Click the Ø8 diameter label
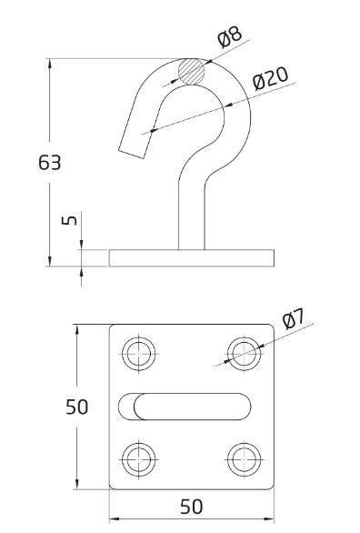pyautogui.click(x=230, y=36)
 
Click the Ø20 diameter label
pyautogui.click(x=270, y=79)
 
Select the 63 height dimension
pyautogui.click(x=50, y=163)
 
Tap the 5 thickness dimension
pyautogui.click(x=69, y=220)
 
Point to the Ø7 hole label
pyautogui.click(x=295, y=318)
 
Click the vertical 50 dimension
pyautogui.click(x=76, y=407)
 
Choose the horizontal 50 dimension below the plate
pyautogui.click(x=191, y=507)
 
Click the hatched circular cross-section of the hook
pyautogui.click(x=192, y=72)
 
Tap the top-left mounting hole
pyautogui.click(x=139, y=354)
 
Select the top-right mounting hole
pyautogui.click(x=245, y=354)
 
